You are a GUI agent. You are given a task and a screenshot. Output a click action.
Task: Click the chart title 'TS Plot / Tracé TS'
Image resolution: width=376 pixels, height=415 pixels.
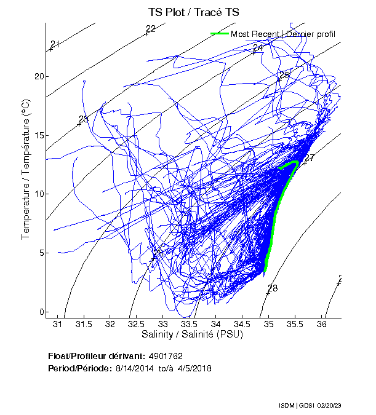coord(193,12)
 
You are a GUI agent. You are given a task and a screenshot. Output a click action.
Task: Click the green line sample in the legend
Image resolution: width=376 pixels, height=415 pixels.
coord(220,33)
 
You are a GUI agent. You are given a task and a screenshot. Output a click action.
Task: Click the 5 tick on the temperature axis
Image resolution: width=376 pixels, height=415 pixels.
coord(41,253)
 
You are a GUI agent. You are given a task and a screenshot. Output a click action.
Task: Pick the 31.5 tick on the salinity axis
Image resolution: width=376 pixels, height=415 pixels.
coord(84,323)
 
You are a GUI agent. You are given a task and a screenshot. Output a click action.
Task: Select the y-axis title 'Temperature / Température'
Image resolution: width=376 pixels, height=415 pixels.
coord(26,170)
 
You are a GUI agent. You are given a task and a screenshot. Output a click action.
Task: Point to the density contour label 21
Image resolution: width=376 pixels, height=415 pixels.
coord(55,44)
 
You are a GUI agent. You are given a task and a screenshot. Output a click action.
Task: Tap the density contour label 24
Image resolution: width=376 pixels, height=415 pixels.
coord(258,48)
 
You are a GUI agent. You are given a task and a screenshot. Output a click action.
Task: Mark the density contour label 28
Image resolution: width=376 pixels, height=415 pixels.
coord(273,288)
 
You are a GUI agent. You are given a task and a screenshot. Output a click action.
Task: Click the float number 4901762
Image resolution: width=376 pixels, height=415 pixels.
coord(166,356)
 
